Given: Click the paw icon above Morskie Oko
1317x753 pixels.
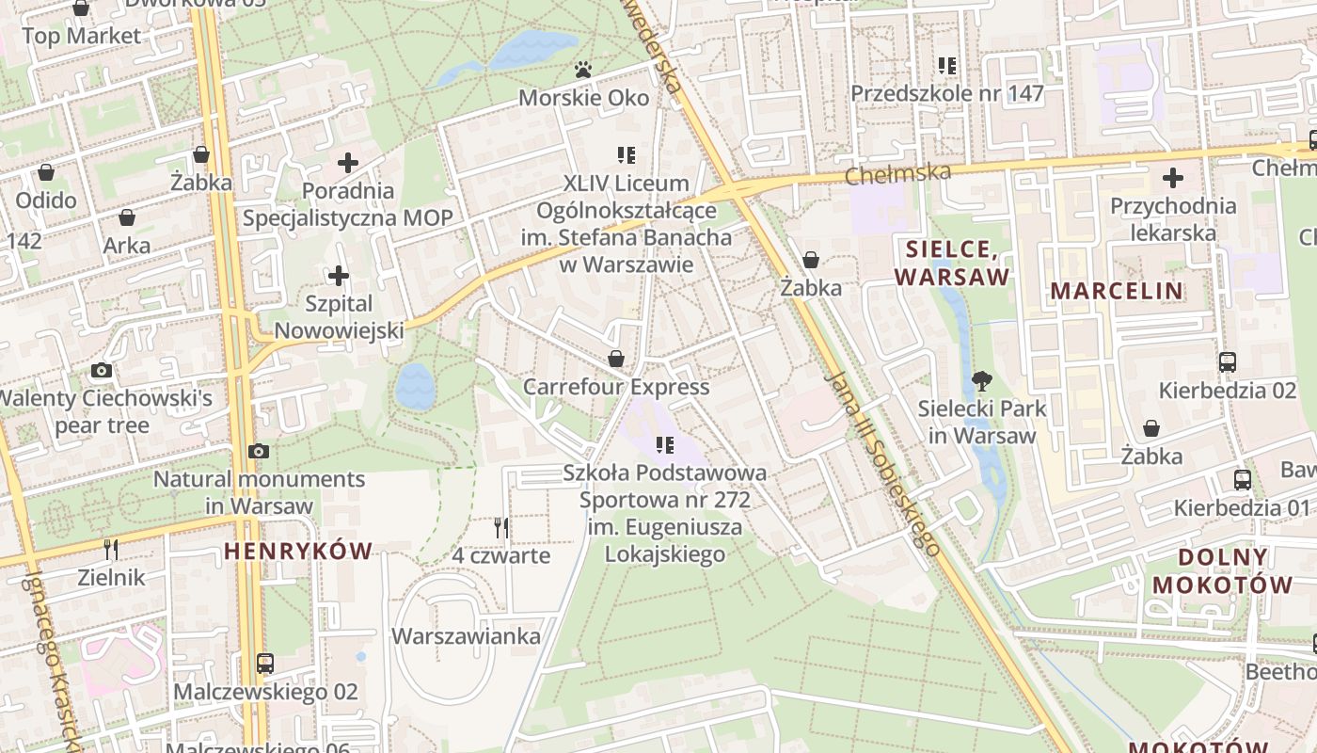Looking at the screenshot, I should pyautogui.click(x=583, y=70).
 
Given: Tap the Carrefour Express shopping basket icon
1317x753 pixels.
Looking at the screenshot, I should pyautogui.click(x=616, y=359).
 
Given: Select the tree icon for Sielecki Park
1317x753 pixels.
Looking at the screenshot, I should pyautogui.click(x=982, y=381).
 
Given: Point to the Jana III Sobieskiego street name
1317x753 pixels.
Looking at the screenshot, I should pyautogui.click(x=881, y=461).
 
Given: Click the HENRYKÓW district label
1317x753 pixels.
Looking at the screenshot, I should pyautogui.click(x=298, y=551).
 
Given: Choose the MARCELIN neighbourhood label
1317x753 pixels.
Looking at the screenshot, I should pyautogui.click(x=1117, y=290).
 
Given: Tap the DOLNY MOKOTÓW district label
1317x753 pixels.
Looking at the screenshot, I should pyautogui.click(x=1222, y=570).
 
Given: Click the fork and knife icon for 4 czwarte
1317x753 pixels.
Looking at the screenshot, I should pyautogui.click(x=501, y=528).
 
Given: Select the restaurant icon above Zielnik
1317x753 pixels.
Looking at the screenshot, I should pyautogui.click(x=111, y=549).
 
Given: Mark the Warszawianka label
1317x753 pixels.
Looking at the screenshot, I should pyautogui.click(x=467, y=636).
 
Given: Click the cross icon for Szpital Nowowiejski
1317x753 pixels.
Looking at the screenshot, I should pyautogui.click(x=339, y=277).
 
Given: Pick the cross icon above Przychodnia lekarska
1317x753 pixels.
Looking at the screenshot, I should pyautogui.click(x=1172, y=177).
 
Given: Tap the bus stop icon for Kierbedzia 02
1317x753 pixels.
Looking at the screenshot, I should pyautogui.click(x=1227, y=362).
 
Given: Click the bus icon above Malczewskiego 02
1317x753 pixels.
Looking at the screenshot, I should pyautogui.click(x=265, y=664).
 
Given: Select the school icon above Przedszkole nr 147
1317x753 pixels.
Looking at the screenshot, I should pyautogui.click(x=947, y=66).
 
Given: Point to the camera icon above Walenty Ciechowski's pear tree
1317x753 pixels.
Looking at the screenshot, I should pyautogui.click(x=102, y=371).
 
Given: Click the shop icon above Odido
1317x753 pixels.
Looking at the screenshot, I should pyautogui.click(x=45, y=172).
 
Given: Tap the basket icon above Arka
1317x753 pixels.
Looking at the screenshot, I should pyautogui.click(x=127, y=218).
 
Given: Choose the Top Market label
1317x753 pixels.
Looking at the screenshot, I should pyautogui.click(x=81, y=36).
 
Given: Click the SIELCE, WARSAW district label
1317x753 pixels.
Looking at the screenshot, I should pyautogui.click(x=951, y=263).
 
